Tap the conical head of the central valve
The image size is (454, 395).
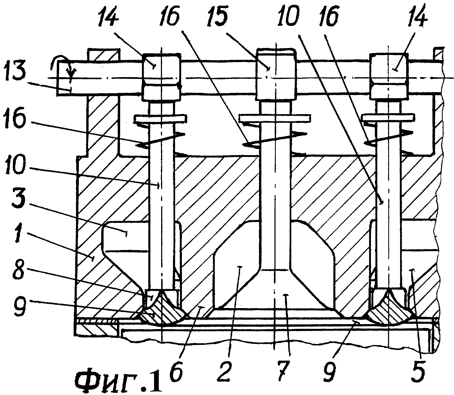[x=275, y=291]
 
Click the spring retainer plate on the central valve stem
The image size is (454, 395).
[x=275, y=117]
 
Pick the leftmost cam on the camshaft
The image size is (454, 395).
[x=161, y=77]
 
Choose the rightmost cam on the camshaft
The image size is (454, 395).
[x=389, y=77]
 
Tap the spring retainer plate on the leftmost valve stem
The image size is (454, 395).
[x=161, y=118]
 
